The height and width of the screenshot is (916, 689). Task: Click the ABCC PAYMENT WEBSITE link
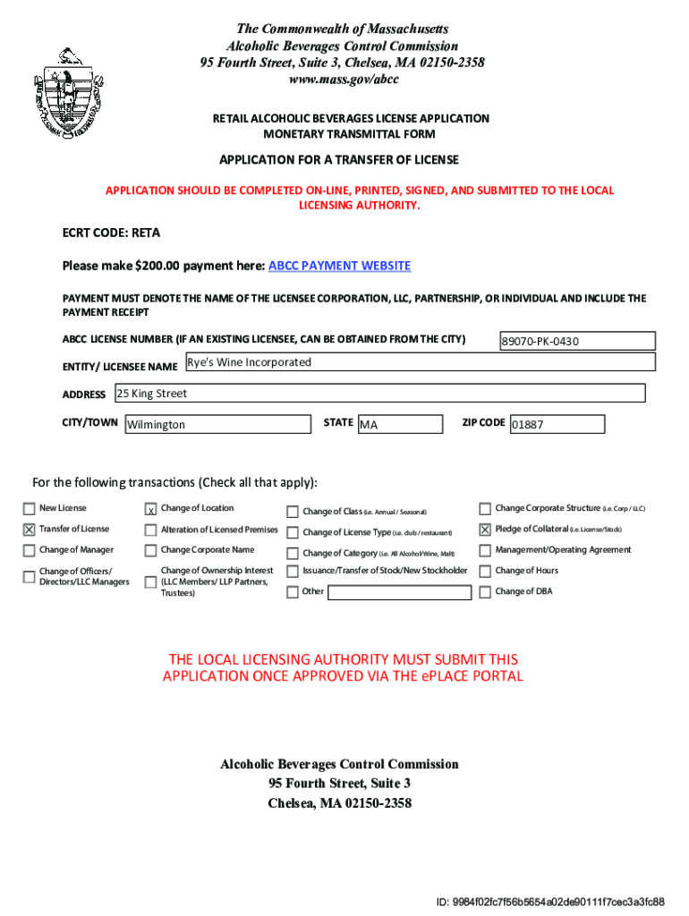(340, 266)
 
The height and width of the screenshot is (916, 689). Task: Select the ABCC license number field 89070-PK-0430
(577, 341)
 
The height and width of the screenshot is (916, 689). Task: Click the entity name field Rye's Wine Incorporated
(419, 362)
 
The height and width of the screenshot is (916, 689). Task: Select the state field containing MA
(399, 424)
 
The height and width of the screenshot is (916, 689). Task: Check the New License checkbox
(30, 509)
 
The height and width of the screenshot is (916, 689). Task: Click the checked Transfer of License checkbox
(30, 530)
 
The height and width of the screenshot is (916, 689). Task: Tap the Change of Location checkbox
(151, 509)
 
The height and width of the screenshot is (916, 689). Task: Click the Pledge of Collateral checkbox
(486, 530)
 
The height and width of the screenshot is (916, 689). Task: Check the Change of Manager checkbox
(30, 550)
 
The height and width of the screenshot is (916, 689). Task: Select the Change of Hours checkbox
(486, 571)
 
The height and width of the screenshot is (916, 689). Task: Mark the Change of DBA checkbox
(486, 592)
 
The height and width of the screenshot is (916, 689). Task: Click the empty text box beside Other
(400, 592)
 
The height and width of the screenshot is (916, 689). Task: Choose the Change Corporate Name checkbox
(151, 550)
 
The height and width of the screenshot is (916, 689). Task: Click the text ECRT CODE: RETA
(111, 233)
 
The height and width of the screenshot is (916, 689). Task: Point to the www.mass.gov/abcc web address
(343, 79)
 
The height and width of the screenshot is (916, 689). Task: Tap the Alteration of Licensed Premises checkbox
(151, 530)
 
